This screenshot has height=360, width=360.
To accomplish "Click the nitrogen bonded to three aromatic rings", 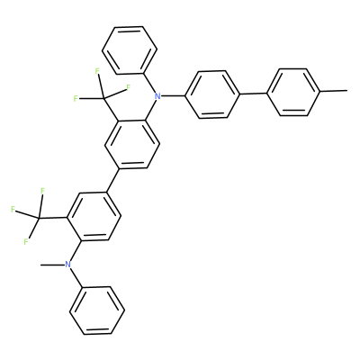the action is coord(157,96).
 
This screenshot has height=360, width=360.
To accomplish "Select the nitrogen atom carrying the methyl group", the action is coord(68,265).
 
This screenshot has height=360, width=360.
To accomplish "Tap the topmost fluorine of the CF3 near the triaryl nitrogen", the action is coord(97,71).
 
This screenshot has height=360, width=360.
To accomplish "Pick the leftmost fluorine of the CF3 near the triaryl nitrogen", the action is coord(76,98).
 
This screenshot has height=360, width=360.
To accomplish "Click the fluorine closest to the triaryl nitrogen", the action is coord(129,87).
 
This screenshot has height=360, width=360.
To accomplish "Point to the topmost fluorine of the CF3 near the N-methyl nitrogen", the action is coord(42,191).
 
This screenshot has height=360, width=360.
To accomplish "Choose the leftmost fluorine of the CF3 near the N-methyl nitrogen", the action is coord(13,210).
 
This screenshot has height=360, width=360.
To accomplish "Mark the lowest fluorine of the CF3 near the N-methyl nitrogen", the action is coord(26,241).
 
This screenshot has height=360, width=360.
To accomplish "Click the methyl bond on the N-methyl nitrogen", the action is coord(52,265).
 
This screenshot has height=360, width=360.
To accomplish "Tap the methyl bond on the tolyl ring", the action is coord(333,90).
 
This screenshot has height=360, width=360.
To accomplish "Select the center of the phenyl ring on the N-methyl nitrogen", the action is coord(97,310).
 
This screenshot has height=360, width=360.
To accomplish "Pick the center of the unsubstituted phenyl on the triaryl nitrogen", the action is coord(130,50).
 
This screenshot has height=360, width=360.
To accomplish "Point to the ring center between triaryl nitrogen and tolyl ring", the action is coord(213,94).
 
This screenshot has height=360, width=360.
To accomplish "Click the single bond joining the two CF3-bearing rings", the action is coord(113,180).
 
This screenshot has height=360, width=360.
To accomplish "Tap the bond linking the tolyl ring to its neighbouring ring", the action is coord(253,94).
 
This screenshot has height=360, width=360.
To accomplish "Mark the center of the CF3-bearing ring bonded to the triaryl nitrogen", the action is coord(132,145).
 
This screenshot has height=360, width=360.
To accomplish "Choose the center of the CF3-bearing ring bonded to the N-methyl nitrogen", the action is coord(94,216).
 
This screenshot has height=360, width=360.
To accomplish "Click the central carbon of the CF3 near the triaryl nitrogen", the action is coord(103,98).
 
